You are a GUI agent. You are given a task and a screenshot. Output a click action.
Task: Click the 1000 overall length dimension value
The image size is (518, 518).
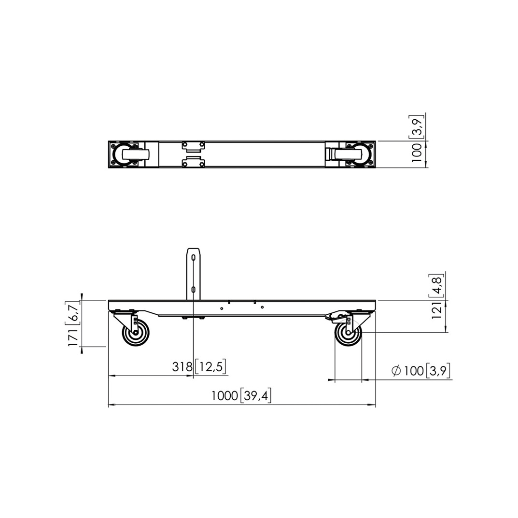(224, 395)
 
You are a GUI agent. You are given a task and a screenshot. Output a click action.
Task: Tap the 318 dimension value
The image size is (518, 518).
(182, 366)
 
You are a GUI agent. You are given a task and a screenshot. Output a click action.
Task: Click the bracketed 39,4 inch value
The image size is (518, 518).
(255, 395)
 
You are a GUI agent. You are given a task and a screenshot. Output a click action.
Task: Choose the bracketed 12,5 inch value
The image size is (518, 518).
(210, 367)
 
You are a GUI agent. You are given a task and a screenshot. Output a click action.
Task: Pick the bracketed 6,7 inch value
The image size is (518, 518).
(73, 311)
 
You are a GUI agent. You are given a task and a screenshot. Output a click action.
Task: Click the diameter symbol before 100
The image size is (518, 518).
(396, 371)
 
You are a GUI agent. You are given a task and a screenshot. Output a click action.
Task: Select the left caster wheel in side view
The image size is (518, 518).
(136, 334)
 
